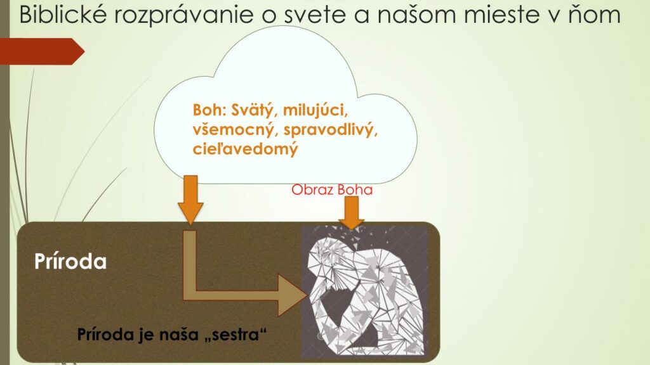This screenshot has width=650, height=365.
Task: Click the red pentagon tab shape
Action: click(x=41, y=51)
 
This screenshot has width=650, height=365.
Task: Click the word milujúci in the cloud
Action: click(x=315, y=111)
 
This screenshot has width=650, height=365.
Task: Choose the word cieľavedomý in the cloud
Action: click(x=246, y=149)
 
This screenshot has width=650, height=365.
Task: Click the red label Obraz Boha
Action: click(x=332, y=189)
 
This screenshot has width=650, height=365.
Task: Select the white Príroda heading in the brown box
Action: click(x=70, y=262)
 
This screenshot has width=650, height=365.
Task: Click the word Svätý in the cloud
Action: click(x=254, y=111)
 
